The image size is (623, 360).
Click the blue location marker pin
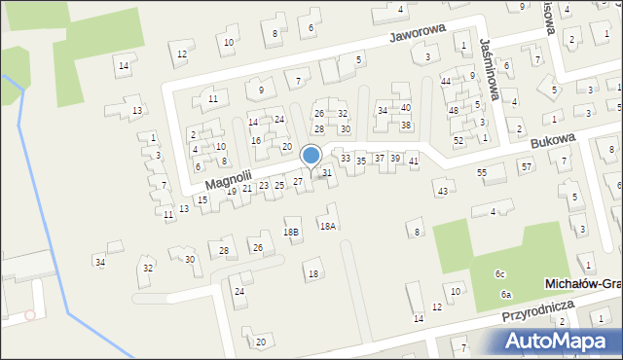click(x=311, y=157)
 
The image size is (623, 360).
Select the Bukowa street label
click(x=554, y=142)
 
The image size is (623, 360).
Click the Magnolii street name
click(x=229, y=177)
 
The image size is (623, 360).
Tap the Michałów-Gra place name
click(x=582, y=282)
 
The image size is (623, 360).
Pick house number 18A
click(x=328, y=226)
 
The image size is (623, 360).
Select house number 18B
click(x=291, y=232)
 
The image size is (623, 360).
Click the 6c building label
click(x=499, y=274)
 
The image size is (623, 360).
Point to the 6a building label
click(x=505, y=294)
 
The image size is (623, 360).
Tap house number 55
click(x=482, y=172)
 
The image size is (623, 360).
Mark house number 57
click(x=526, y=166)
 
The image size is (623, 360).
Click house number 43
click(x=442, y=191)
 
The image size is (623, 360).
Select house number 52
click(x=458, y=140)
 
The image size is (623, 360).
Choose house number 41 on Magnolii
click(x=414, y=160)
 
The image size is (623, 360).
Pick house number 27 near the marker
click(x=298, y=182)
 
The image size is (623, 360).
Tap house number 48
click(x=453, y=110)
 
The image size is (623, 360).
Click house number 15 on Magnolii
click(x=202, y=200)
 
